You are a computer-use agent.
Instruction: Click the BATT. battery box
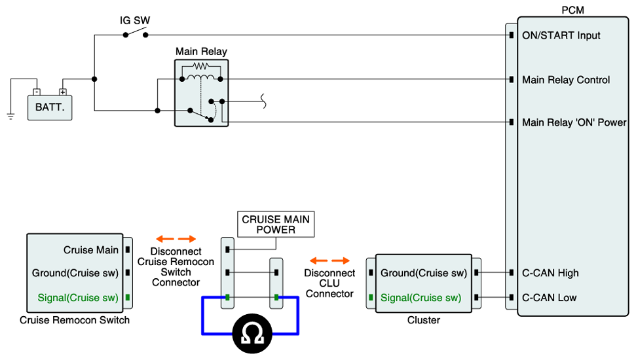point(50,107)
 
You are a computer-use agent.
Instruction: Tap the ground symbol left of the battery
point(10,117)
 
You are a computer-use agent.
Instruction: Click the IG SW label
point(135,20)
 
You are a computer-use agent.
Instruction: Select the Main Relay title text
point(201,51)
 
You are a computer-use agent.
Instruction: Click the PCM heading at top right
point(572,10)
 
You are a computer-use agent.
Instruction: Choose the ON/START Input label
point(561,35)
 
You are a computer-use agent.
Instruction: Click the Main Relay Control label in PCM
point(565,80)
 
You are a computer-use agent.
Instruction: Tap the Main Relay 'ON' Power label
point(574,122)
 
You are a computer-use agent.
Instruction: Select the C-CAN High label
point(550,273)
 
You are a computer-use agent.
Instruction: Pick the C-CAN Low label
point(549,298)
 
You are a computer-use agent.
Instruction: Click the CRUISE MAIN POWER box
point(276,225)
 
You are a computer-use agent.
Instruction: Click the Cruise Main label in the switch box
point(91,250)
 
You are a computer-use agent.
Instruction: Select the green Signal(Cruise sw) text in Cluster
point(421,298)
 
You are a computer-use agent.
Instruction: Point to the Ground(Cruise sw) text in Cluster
point(423,273)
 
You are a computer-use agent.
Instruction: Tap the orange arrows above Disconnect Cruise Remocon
point(176,239)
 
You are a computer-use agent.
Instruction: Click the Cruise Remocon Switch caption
point(75,320)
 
